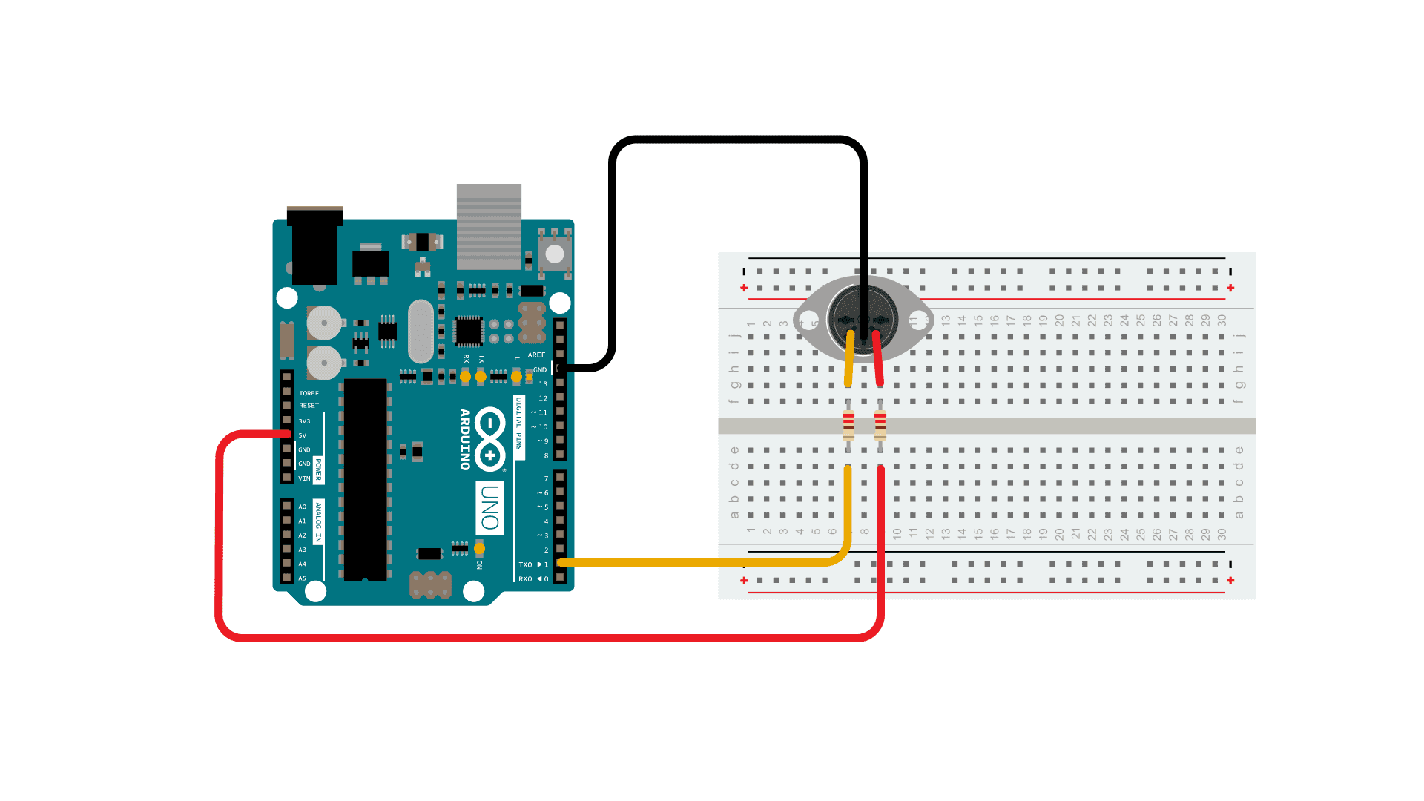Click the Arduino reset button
(554, 253)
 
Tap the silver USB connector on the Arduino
(489, 225)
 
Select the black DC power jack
(315, 248)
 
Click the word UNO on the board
(489, 507)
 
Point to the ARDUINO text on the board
(465, 439)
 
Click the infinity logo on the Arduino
(489, 439)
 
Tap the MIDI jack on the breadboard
(863, 320)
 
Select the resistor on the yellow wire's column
(848, 426)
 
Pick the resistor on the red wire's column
(880, 426)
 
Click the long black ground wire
(738, 140)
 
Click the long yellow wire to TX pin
(705, 563)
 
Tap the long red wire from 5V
(549, 637)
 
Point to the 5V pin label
(303, 435)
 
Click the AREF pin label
(536, 355)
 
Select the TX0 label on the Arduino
(525, 565)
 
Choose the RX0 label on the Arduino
(525, 579)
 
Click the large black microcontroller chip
(365, 479)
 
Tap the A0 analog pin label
(302, 507)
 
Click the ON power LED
(479, 549)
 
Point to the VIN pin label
(304, 478)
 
